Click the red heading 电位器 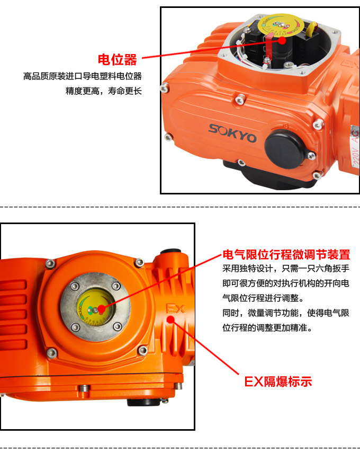tap(117, 59)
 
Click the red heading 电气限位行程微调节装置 tap(286, 254)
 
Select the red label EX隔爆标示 tap(277, 381)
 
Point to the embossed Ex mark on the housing tap(175, 308)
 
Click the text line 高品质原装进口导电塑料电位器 tap(83, 76)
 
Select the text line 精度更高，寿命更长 tap(104, 91)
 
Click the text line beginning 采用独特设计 tap(286, 269)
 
